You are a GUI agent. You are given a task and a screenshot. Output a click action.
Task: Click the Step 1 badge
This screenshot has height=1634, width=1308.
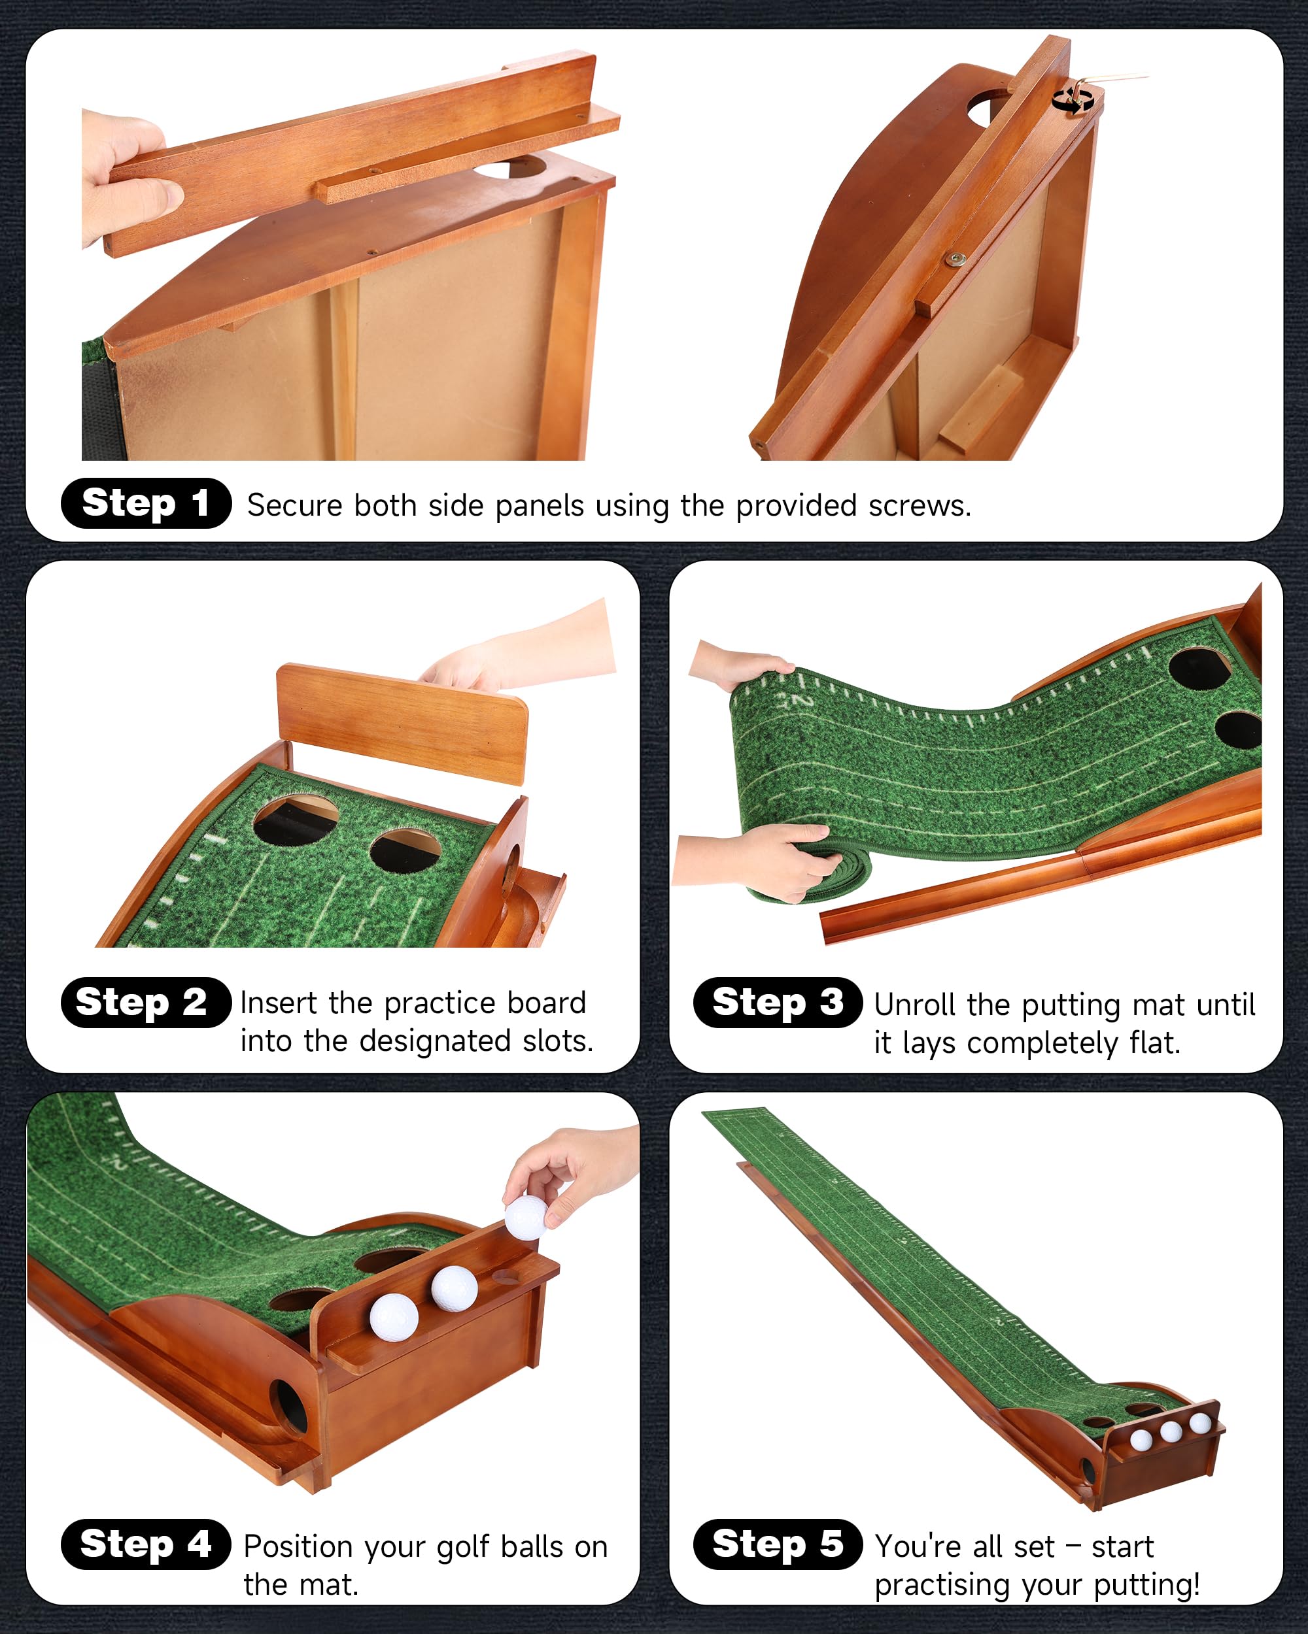point(146,503)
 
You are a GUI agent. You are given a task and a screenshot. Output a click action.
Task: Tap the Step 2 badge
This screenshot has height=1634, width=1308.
point(146,1003)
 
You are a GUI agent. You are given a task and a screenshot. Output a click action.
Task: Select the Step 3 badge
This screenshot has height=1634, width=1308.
point(778,1003)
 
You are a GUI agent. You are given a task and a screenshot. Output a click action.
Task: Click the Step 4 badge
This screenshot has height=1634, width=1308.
point(146,1544)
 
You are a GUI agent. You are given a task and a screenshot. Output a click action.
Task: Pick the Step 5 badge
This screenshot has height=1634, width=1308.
point(778,1544)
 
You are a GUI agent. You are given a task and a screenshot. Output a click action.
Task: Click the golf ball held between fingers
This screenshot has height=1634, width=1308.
point(525,1217)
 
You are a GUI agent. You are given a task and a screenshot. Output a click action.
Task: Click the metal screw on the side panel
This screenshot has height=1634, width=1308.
point(954,259)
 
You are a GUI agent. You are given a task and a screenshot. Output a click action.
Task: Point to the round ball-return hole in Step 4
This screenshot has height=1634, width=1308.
point(288,1407)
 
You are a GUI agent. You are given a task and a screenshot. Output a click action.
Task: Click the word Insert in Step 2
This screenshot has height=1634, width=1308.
point(279,1003)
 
